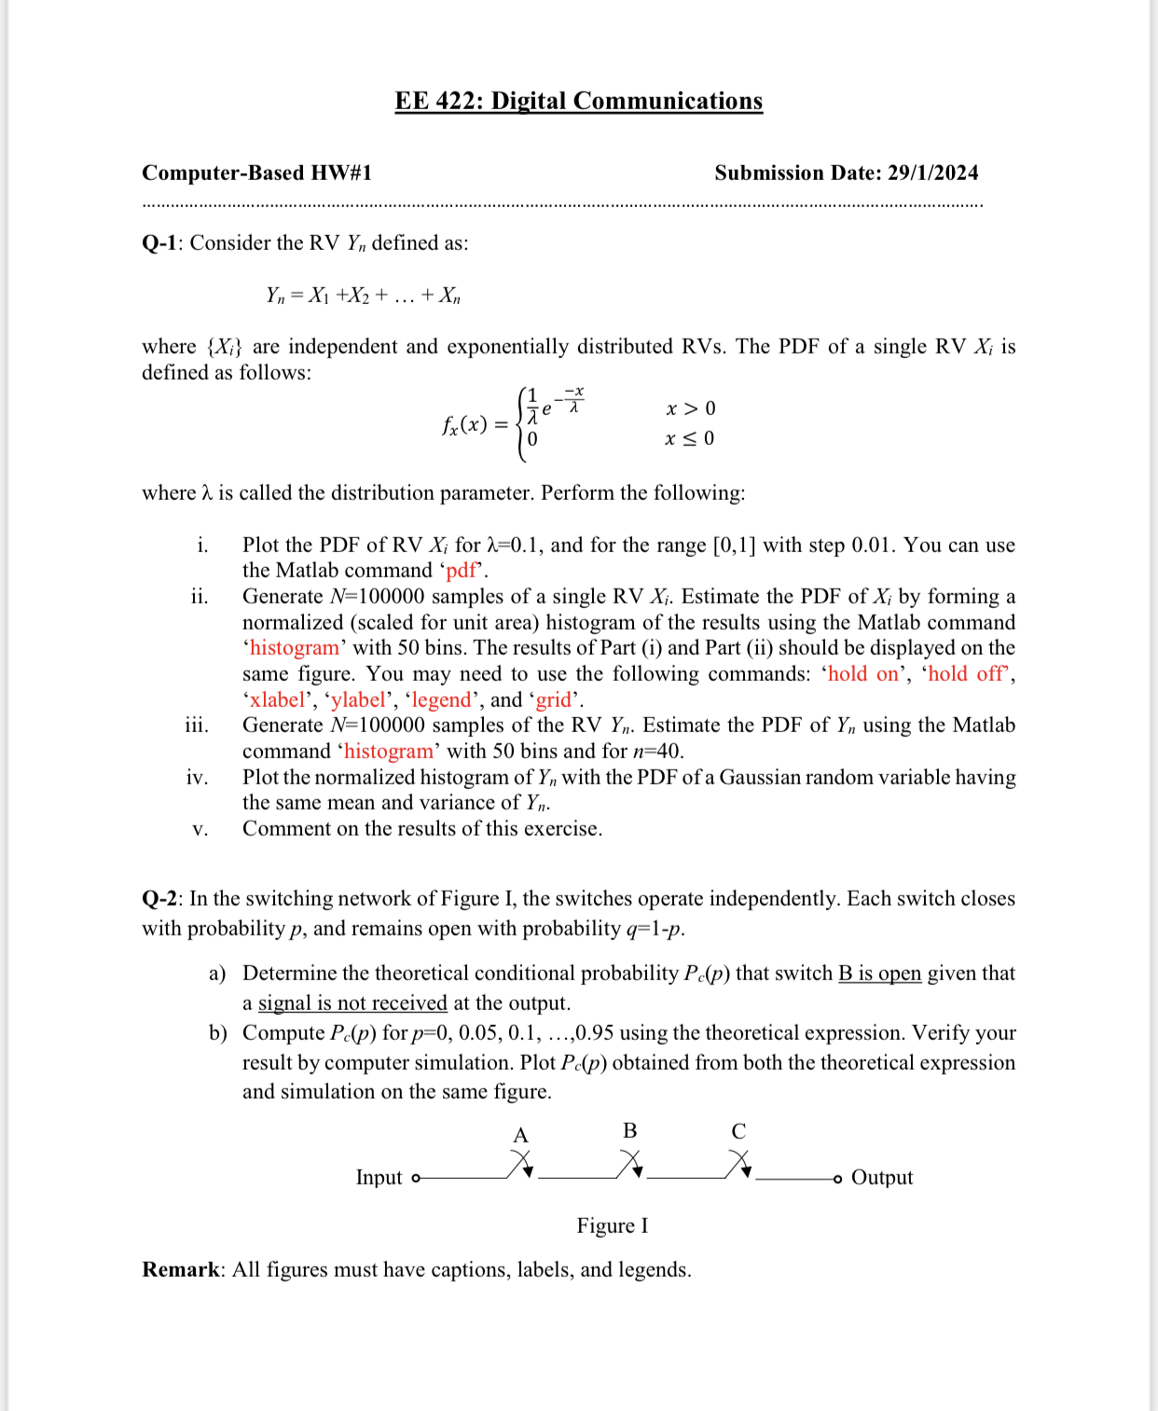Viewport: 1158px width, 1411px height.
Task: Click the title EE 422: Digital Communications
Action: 578,101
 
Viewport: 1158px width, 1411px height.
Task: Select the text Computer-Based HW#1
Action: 256,173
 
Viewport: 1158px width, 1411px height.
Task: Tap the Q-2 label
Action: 159,899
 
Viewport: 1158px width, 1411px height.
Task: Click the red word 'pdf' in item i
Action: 462,571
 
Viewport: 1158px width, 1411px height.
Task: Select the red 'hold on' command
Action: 863,674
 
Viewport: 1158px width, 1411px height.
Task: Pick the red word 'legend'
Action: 441,700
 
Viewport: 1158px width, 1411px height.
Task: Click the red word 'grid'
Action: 553,700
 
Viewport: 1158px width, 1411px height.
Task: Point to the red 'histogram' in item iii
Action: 389,752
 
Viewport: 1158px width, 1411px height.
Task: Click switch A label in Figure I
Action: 520,1135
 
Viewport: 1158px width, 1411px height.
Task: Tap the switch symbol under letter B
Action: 630,1164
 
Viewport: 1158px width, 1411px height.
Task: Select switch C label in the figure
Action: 738,1131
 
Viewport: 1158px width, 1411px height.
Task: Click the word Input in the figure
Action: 379,1178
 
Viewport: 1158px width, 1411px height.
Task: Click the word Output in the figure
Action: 882,1178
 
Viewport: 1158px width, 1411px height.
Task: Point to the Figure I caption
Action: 612,1226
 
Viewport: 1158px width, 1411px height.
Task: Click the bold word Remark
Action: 181,1270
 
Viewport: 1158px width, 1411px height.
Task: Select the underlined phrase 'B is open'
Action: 879,974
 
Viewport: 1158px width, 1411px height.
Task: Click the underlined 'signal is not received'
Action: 352,1003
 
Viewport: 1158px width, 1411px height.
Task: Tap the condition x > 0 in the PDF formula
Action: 691,408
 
